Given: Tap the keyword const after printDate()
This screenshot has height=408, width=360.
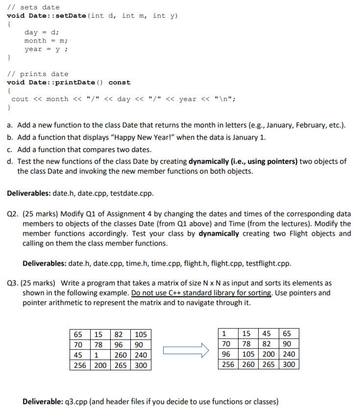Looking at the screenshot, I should click(x=120, y=82).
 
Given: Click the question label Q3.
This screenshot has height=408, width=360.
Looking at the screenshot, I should click(x=13, y=283).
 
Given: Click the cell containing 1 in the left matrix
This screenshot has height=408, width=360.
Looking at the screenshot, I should click(x=98, y=355).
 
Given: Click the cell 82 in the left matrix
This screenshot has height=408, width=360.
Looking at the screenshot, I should click(x=119, y=334).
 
